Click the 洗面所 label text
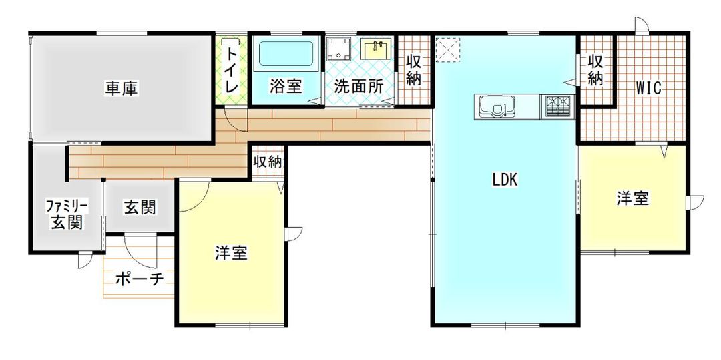pos(358,87)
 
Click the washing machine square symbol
pos(340,48)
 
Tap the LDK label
pos(505,179)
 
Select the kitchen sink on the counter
pos(495,106)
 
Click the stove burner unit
pos(559,106)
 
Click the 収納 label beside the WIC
pos(595,69)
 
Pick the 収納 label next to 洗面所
pos(414,69)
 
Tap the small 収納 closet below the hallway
pos(267,162)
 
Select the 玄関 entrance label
pos(140,208)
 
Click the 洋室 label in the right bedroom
pos(633,198)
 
